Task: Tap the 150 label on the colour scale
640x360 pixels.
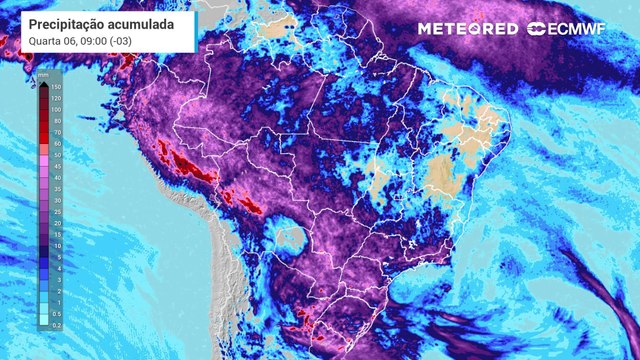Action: point(58,89)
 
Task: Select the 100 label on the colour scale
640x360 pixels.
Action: point(58,111)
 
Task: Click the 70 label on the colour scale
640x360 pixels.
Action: point(56,132)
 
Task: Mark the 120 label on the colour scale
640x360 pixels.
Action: point(58,100)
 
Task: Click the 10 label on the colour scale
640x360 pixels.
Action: point(56,245)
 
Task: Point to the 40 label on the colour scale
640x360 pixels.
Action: point(56,177)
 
